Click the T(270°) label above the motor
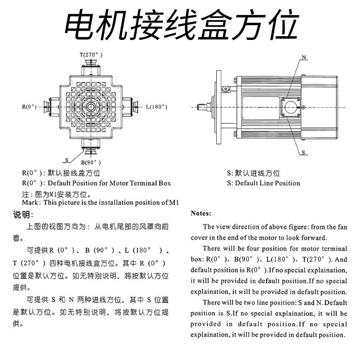coord(90,55)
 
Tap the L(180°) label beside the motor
coord(157,107)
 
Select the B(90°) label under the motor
coord(91,162)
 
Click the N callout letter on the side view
coord(303,57)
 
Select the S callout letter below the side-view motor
coord(304,152)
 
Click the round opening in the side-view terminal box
coord(291,107)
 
